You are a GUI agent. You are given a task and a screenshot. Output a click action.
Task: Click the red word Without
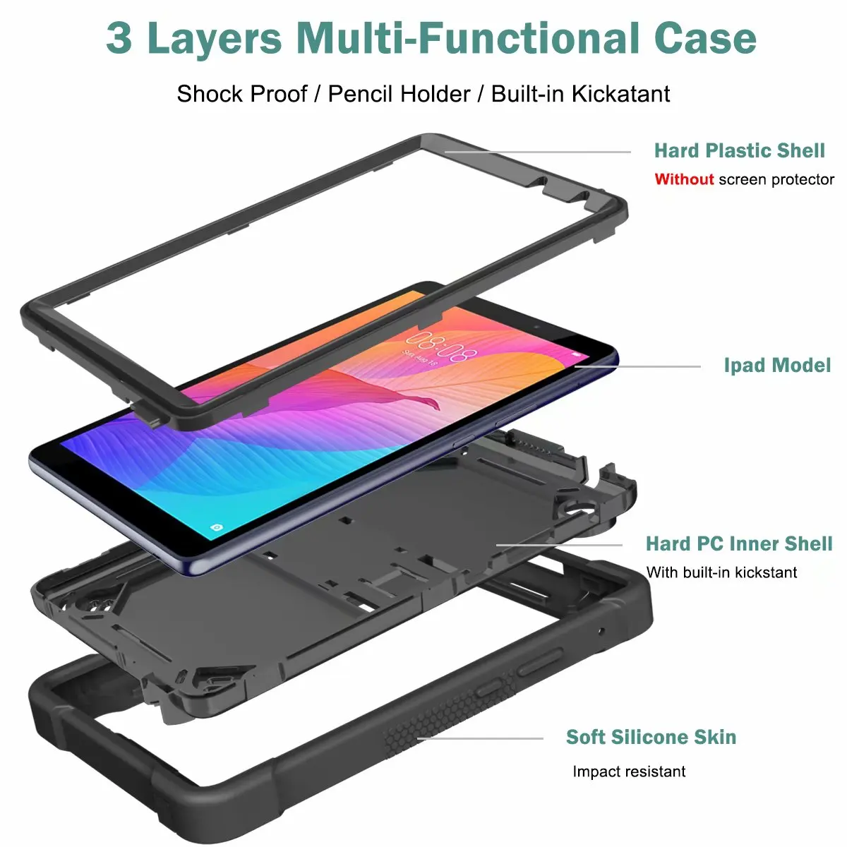point(684,179)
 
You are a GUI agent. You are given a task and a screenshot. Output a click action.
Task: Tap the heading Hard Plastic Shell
point(739,150)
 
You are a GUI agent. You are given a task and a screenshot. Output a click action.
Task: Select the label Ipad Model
point(777,365)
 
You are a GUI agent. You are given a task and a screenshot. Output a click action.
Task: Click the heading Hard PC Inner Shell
point(738,543)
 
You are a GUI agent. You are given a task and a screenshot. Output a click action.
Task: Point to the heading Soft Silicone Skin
point(651,737)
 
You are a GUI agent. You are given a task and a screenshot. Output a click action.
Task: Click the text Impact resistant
point(628,771)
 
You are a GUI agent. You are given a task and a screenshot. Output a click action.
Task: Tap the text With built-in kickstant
point(721,572)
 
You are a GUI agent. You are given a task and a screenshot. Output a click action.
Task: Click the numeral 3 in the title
point(119,38)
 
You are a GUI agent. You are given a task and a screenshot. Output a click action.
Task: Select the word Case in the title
point(705,38)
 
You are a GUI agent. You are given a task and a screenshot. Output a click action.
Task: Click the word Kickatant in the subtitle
point(620,94)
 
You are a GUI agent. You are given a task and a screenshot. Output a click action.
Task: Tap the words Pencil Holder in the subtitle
point(399,94)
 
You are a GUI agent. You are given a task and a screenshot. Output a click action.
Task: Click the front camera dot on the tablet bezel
point(536,328)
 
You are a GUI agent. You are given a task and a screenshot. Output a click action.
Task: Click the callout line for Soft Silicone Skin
point(480,738)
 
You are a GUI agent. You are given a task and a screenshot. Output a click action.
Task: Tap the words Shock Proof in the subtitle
point(242,94)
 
